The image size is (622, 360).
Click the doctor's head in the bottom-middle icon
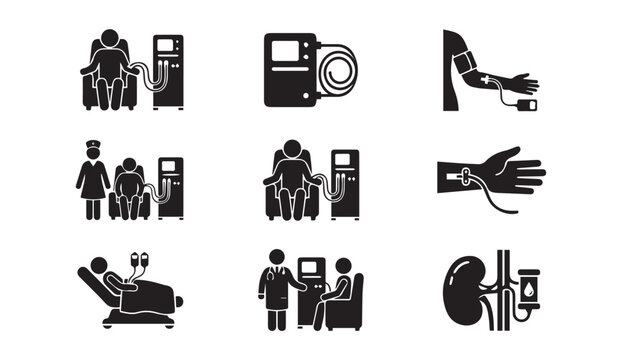point(273,255)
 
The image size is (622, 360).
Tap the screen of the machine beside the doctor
point(311,268)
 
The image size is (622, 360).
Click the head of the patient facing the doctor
point(343,268)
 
